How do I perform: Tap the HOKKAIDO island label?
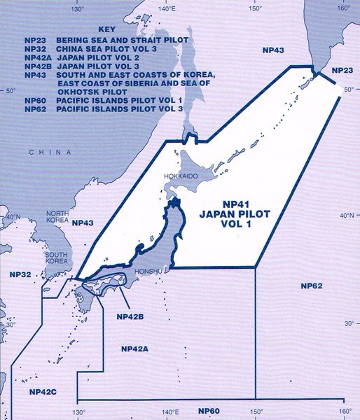tap(182, 178)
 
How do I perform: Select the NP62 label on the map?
tap(311, 286)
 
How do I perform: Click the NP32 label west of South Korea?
tap(14, 275)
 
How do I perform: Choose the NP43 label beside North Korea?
tap(83, 223)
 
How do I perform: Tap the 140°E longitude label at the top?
tap(167, 8)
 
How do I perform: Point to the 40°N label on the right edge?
tap(348, 216)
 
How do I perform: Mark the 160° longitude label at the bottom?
tap(343, 411)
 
